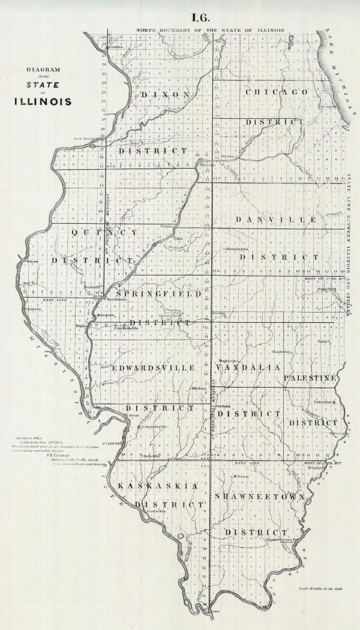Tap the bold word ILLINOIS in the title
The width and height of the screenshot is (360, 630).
point(43,101)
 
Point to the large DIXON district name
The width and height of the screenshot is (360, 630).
point(166,95)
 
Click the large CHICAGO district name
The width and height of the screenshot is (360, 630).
point(277,92)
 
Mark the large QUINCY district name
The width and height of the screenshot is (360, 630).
point(104,232)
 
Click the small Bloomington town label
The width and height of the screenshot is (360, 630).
point(236,248)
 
